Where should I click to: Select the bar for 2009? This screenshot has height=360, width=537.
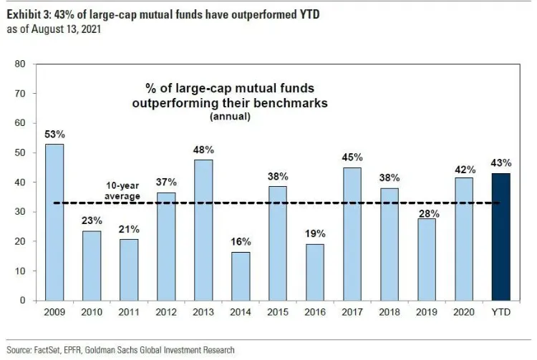pos(54,222)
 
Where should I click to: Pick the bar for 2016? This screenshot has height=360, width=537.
pos(314,272)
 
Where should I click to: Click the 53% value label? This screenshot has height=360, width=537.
pos(54,135)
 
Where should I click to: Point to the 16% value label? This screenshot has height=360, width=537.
pos(241,243)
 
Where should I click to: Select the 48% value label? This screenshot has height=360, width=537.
pos(203,150)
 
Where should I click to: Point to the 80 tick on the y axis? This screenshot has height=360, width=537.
pos(21,64)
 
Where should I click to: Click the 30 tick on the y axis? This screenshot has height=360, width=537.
pos(21,212)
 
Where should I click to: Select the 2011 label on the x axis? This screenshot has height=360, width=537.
pos(129,313)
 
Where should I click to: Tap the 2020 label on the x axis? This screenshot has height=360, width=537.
pos(463,313)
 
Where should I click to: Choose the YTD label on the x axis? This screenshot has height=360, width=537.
pos(500,313)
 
